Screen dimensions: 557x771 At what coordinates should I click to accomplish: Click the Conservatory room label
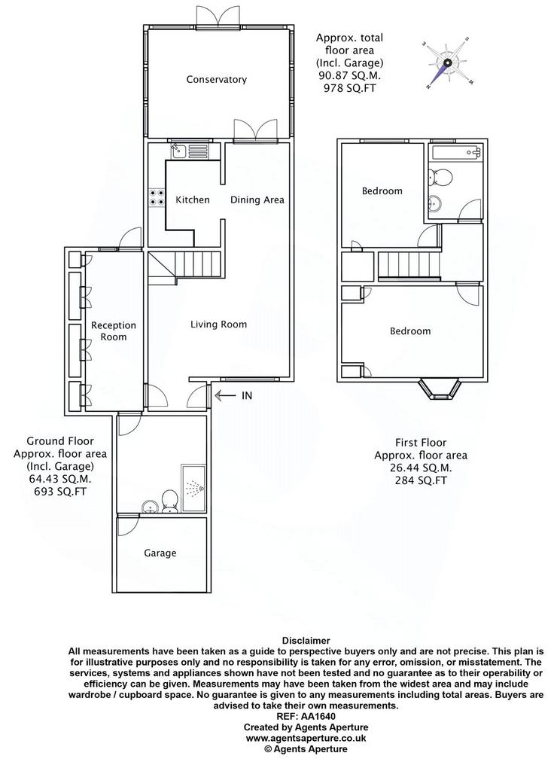tap(216, 79)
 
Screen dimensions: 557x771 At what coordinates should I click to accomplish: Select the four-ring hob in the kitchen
tap(157, 198)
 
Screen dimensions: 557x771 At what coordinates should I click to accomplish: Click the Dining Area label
tap(257, 200)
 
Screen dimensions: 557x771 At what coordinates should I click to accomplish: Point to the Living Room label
tap(219, 325)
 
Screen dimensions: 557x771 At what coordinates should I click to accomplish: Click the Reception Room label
tap(114, 331)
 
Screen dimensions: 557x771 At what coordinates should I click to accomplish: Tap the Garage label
tap(160, 553)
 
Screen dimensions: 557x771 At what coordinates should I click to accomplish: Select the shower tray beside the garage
tap(193, 487)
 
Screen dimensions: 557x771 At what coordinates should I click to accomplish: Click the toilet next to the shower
tap(169, 501)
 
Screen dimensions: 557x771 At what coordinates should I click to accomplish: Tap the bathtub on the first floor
tap(456, 152)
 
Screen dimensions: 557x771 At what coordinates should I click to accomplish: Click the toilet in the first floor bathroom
tap(440, 177)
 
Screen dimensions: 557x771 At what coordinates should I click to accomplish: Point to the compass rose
tap(447, 63)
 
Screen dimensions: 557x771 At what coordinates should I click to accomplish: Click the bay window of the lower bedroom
tap(440, 389)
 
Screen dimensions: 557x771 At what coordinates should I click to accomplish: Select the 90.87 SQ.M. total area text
tap(349, 76)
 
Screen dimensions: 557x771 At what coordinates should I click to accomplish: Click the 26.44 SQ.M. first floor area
tap(420, 468)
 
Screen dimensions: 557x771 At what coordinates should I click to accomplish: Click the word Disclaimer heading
tap(306, 641)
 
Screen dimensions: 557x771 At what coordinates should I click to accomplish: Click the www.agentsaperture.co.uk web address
tap(306, 738)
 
